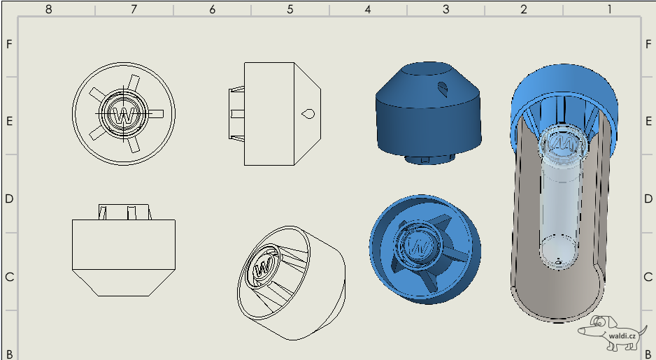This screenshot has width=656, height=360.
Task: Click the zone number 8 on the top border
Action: tap(48, 9)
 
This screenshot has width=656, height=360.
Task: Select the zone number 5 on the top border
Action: tap(290, 9)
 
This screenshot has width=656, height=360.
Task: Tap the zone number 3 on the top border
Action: tap(445, 9)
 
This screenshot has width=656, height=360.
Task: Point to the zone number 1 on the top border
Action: tap(608, 9)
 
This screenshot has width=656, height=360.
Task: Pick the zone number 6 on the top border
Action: tap(212, 9)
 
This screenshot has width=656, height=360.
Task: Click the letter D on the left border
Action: tap(9, 199)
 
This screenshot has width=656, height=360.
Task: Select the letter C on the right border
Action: tap(648, 277)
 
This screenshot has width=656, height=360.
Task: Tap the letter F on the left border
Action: tap(9, 44)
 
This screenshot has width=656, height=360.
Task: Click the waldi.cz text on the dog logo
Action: tap(622, 336)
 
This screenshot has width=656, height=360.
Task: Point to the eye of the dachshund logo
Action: tap(599, 322)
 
